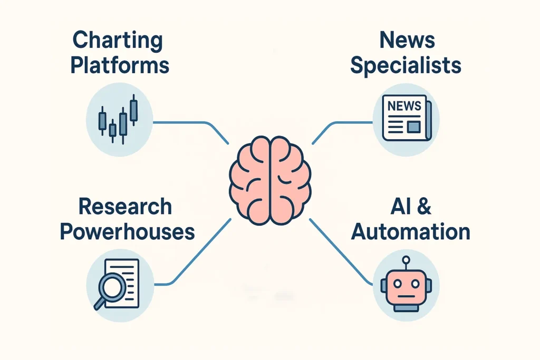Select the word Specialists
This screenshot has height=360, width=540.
click(x=406, y=65)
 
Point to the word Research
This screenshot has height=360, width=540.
click(x=125, y=206)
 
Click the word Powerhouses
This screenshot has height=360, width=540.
click(x=127, y=231)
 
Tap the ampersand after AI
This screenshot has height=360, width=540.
click(x=423, y=206)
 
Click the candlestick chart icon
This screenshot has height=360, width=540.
click(x=119, y=119)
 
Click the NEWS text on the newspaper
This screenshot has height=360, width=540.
click(x=404, y=106)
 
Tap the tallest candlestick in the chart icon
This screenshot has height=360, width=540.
click(x=133, y=110)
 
